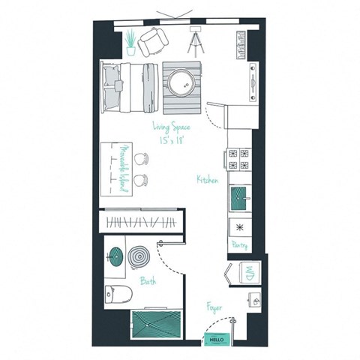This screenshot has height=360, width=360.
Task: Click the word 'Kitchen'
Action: pos(208,180)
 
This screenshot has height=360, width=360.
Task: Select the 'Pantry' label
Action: pos(239,244)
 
